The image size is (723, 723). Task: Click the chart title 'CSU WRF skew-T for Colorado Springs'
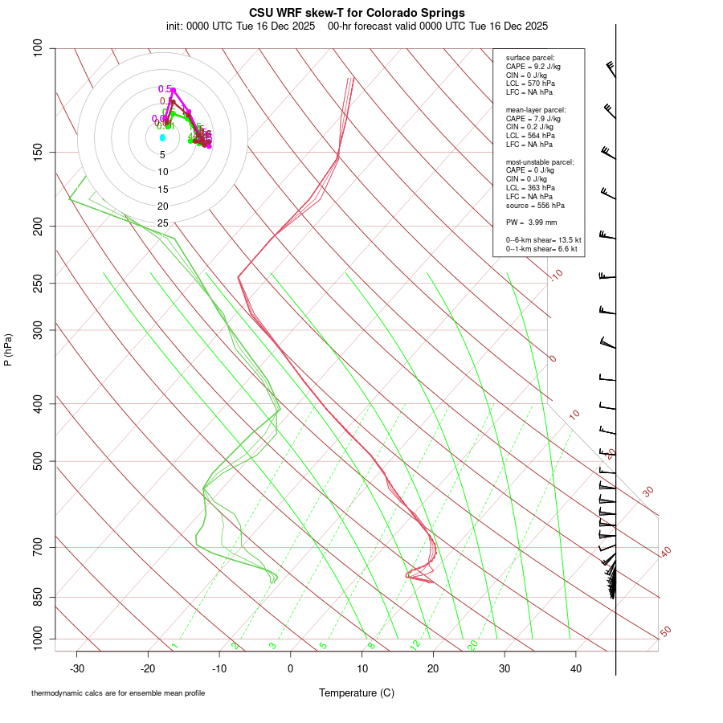point(357,13)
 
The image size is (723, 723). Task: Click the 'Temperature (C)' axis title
point(357,692)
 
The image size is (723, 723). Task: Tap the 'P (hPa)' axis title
point(8,350)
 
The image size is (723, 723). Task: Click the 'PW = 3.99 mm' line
point(532,222)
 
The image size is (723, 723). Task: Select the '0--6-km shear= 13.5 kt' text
point(543,239)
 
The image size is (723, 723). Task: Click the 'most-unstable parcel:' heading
point(540,161)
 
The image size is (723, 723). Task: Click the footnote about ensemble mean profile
point(118,692)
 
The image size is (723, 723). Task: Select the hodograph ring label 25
point(162,223)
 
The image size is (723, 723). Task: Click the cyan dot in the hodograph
point(162,138)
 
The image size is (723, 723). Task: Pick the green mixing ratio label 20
point(472,645)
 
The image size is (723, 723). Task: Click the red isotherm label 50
point(665,632)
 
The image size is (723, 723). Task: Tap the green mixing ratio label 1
point(174,646)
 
